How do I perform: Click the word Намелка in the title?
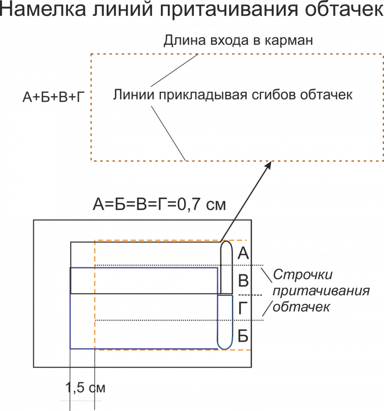tap(44, 10)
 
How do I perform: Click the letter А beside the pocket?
tap(243, 253)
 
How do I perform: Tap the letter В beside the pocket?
tap(243, 281)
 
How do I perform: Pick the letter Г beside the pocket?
tap(242, 309)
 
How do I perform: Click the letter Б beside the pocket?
tap(243, 336)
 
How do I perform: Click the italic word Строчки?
tap(303, 275)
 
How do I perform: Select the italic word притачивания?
tap(321, 291)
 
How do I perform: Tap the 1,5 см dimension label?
tap(85, 388)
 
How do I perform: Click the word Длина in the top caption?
tap(182, 40)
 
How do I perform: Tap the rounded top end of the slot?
tap(226, 244)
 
